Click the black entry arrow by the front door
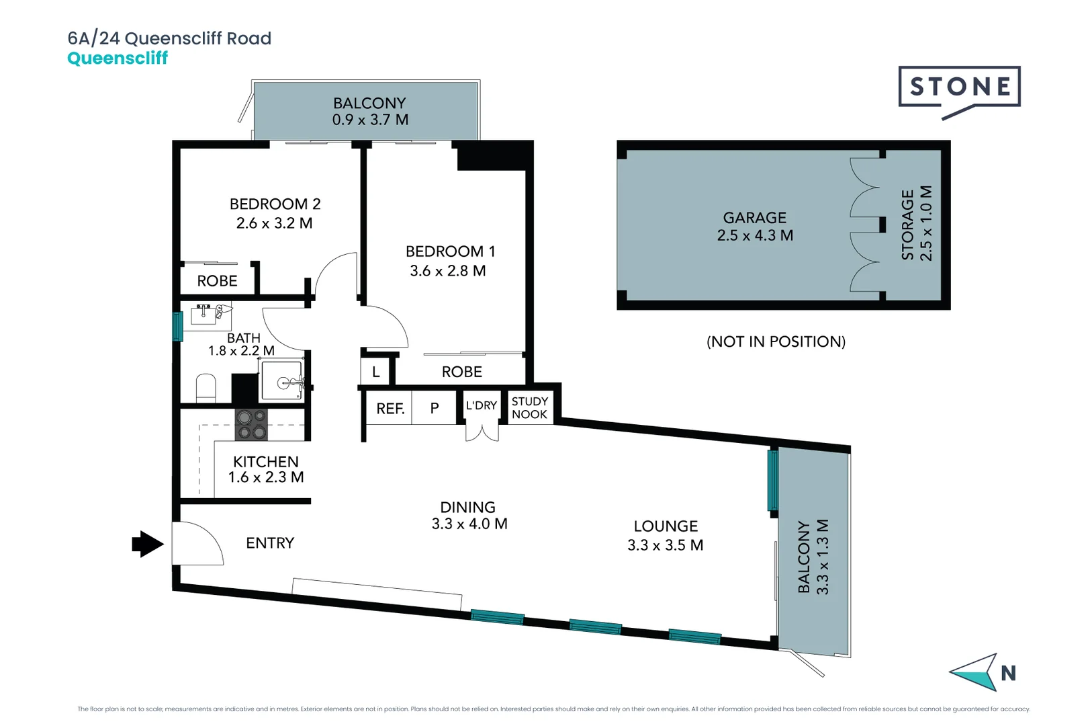click(147, 544)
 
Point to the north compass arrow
click(975, 672)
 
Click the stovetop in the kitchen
click(251, 425)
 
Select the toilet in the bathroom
click(206, 389)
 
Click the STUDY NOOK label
click(529, 408)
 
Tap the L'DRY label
click(482, 405)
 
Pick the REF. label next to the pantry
click(390, 409)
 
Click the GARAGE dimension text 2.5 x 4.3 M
click(755, 236)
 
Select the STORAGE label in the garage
click(908, 225)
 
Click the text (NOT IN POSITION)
click(776, 341)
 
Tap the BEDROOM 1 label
click(450, 251)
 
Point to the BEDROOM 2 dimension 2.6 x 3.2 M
click(274, 223)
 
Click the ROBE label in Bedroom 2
click(217, 281)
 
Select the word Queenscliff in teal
click(118, 58)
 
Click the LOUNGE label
click(666, 526)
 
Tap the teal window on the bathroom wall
click(177, 326)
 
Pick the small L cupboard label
click(376, 372)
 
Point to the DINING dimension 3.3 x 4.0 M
click(469, 524)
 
